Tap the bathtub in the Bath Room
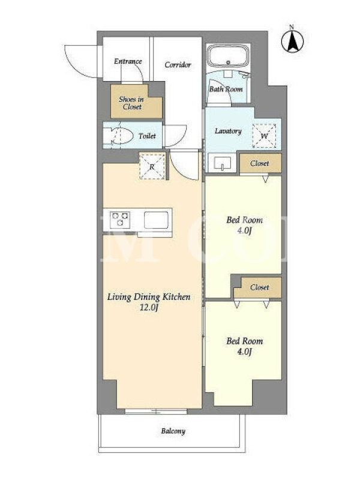click(228, 56)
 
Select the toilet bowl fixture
click(118, 136)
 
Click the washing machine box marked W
click(264, 136)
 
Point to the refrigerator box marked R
click(152, 166)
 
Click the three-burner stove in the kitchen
click(120, 220)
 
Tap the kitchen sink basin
click(156, 220)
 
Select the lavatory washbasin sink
click(222, 163)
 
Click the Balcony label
click(173, 431)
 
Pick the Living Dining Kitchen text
click(149, 296)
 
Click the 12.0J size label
click(149, 307)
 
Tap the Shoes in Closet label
click(131, 103)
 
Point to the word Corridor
click(178, 65)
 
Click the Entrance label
click(128, 61)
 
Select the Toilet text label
click(147, 136)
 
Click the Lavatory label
click(228, 131)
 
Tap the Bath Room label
click(226, 89)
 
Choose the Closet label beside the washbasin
click(260, 163)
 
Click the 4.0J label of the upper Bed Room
click(244, 230)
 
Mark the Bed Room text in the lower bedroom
click(245, 341)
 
